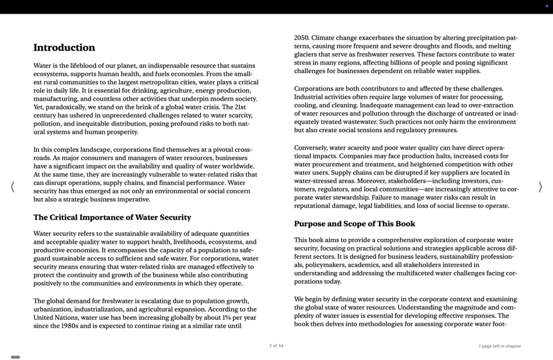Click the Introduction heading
coord(64,48)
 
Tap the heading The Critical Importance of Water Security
coord(112,217)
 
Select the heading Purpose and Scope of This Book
coord(354,224)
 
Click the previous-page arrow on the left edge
coord(13,187)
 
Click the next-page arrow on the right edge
coord(540,187)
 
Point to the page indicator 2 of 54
coord(276,346)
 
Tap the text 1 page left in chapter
coord(499,346)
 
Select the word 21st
coord(240,107)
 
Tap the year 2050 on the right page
coord(302,38)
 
